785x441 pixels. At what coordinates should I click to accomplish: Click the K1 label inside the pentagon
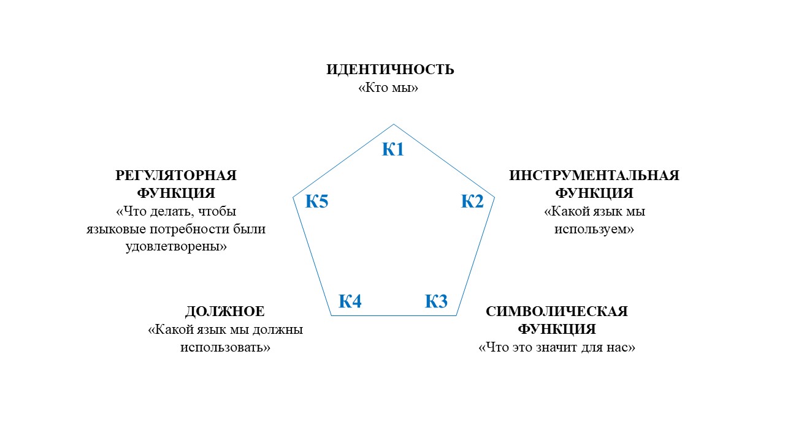click(x=393, y=149)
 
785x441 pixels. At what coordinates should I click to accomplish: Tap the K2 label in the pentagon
click(x=472, y=201)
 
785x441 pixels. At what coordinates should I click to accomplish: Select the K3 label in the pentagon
click(x=436, y=301)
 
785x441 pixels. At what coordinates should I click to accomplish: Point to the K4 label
click(x=350, y=301)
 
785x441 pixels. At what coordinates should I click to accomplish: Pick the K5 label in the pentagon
click(x=316, y=201)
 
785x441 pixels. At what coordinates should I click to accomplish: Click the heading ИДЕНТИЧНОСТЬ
click(x=390, y=69)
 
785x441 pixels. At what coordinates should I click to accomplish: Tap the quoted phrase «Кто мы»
click(x=388, y=88)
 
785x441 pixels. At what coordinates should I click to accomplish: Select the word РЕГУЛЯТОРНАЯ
click(x=176, y=176)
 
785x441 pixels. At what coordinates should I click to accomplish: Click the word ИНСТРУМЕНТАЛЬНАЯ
click(x=594, y=176)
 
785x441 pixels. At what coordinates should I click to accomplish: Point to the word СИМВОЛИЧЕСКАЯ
click(x=556, y=311)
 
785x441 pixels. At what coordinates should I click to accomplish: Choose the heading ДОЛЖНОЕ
click(x=224, y=311)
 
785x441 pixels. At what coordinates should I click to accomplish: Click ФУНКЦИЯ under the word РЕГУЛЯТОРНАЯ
click(x=176, y=194)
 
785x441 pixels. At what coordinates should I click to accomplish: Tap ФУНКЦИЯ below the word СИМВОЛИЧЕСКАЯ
click(x=556, y=330)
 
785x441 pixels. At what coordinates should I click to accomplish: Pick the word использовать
click(x=226, y=347)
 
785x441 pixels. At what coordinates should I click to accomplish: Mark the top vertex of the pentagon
click(x=393, y=124)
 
